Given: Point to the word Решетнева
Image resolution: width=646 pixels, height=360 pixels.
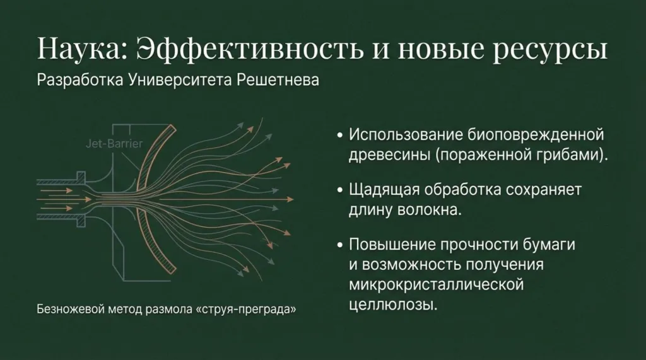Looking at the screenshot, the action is tap(278, 80).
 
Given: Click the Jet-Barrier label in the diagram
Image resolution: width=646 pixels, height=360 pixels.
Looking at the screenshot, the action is tap(114, 144).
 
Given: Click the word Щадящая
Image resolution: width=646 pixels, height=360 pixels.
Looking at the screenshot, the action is tap(384, 190).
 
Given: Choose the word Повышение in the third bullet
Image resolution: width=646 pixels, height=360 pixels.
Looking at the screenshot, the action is tap(391, 244).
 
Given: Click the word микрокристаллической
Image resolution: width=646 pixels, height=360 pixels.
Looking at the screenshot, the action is tap(437, 285).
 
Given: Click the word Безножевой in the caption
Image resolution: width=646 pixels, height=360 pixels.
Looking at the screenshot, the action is tap(70, 309).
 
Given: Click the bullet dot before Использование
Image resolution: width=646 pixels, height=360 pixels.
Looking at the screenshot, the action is tap(339, 135).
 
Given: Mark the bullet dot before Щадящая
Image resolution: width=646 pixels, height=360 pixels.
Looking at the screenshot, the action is tap(339, 190).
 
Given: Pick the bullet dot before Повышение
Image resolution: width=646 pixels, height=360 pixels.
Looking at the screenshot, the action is tap(339, 245).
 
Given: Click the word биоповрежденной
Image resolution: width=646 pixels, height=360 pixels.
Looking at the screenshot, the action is tap(536, 135).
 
